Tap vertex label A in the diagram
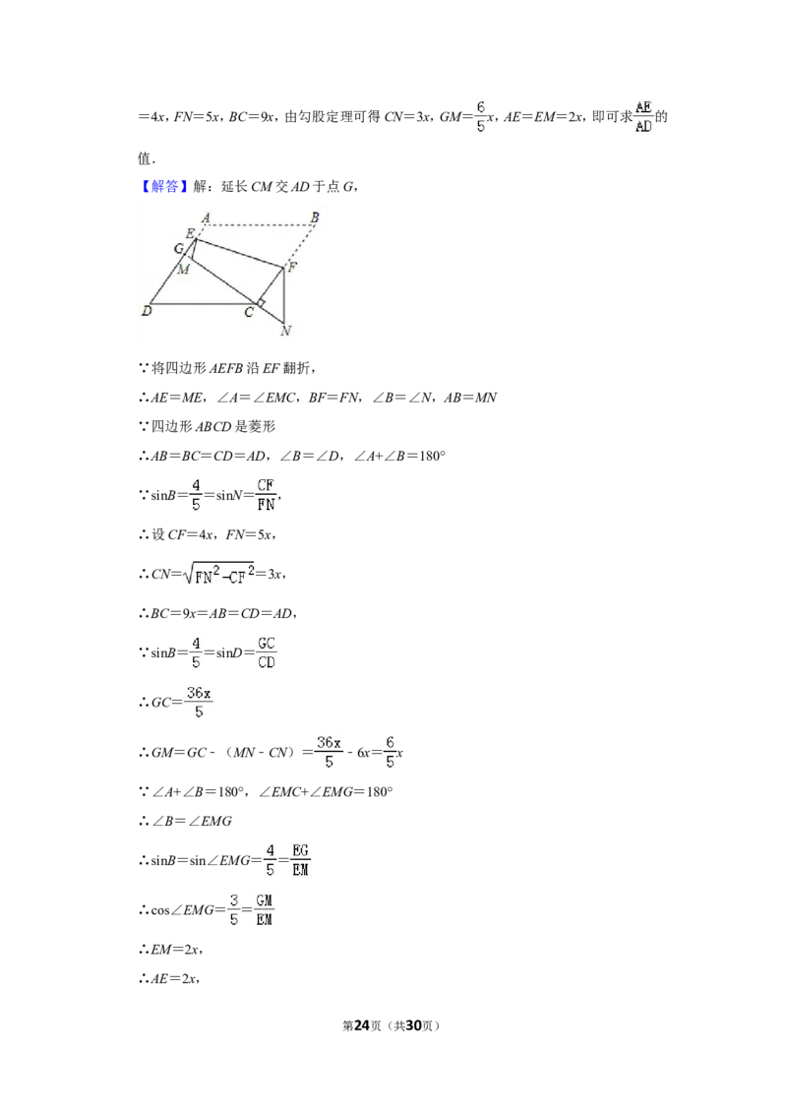point(206,217)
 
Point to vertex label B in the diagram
point(315,217)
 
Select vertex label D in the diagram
point(147,310)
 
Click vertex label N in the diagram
point(285,331)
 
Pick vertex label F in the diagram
point(292,267)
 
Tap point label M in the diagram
point(183,270)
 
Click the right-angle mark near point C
point(261,303)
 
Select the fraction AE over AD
point(643,116)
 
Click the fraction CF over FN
point(266,494)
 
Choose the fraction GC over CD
point(267,652)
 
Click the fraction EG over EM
point(300,860)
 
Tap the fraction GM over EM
point(265,909)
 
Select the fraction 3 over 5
point(234,909)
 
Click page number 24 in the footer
point(362,1025)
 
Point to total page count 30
point(413,1025)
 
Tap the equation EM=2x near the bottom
point(177,950)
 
